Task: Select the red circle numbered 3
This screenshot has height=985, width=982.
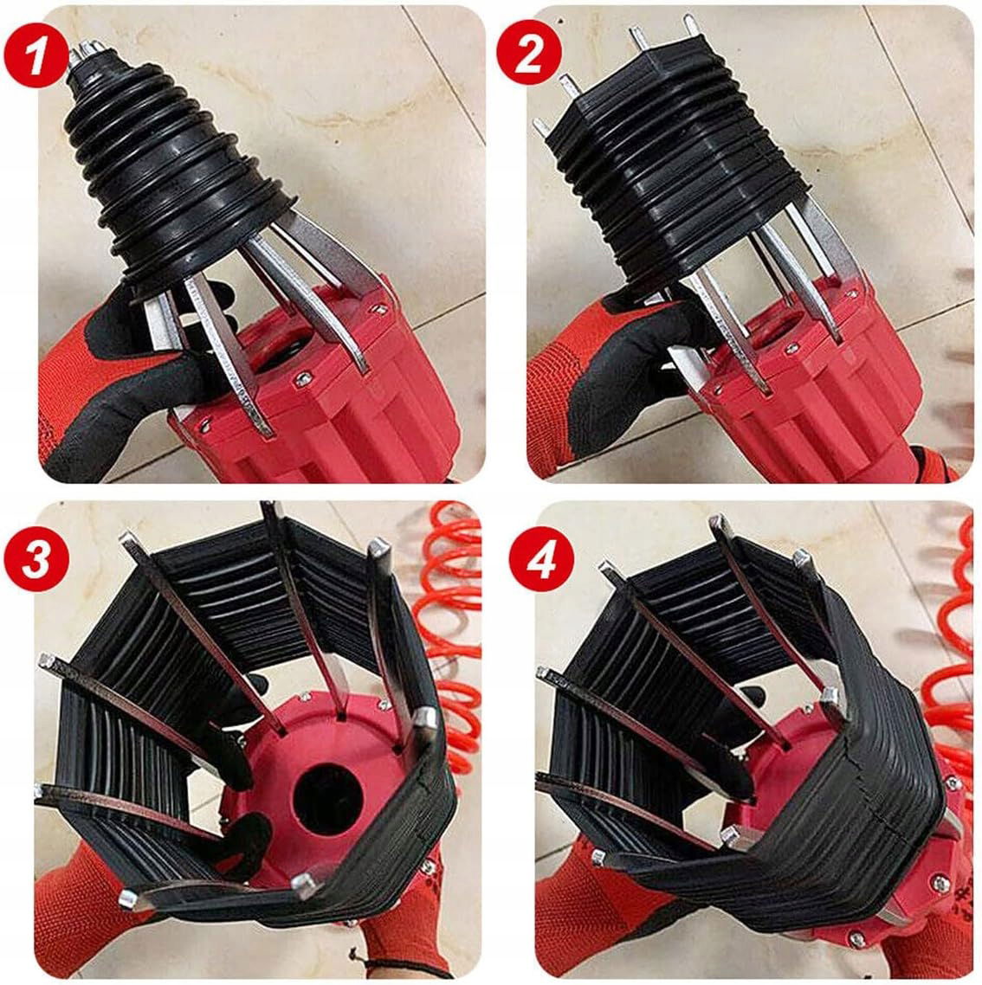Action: click(x=36, y=558)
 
